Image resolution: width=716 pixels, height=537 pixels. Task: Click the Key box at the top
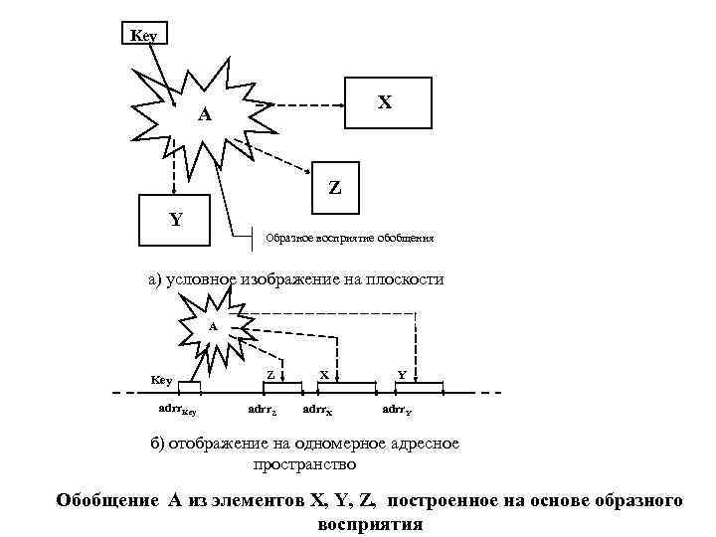click(144, 34)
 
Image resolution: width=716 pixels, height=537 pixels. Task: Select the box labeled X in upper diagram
click(387, 102)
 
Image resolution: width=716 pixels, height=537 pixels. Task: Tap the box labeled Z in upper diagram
click(335, 186)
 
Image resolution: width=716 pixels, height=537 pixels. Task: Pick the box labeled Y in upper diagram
click(175, 220)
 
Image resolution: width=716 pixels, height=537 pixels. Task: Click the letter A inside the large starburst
click(203, 114)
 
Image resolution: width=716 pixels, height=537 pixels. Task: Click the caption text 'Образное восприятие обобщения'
click(348, 239)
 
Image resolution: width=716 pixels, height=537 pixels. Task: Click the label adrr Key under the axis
click(178, 409)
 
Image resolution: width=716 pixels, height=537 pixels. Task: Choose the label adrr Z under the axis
click(263, 409)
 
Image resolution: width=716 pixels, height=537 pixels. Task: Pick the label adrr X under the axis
click(317, 409)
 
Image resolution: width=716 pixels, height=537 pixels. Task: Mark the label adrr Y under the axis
click(398, 409)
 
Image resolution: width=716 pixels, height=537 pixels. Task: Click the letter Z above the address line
click(270, 373)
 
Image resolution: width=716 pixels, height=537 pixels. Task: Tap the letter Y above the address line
click(401, 374)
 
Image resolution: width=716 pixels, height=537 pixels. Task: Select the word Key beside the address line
click(161, 380)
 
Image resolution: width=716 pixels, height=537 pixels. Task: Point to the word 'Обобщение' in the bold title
click(103, 501)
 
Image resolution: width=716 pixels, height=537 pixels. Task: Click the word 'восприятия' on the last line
click(370, 524)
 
